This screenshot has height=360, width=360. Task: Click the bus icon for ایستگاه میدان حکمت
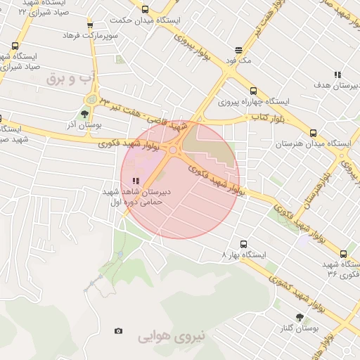coord(145,10)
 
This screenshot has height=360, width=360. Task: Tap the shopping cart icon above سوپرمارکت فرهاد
coord(89,26)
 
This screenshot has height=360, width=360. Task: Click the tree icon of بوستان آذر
coord(85,114)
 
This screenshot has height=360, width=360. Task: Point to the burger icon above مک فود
coord(239,51)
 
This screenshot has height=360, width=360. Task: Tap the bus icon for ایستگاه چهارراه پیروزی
coord(253,91)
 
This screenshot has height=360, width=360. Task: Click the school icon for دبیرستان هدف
coord(337,75)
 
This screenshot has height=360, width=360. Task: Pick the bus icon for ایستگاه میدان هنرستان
coord(313,133)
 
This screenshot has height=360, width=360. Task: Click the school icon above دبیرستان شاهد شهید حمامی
coord(136,181)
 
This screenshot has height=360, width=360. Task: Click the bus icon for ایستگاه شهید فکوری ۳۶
coord(343,254)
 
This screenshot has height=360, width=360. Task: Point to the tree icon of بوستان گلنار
coord(300,318)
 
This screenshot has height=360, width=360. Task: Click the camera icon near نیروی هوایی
coord(118,331)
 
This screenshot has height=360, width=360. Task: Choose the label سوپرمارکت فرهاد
coord(89,35)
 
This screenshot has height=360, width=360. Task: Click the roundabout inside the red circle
coord(173,149)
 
